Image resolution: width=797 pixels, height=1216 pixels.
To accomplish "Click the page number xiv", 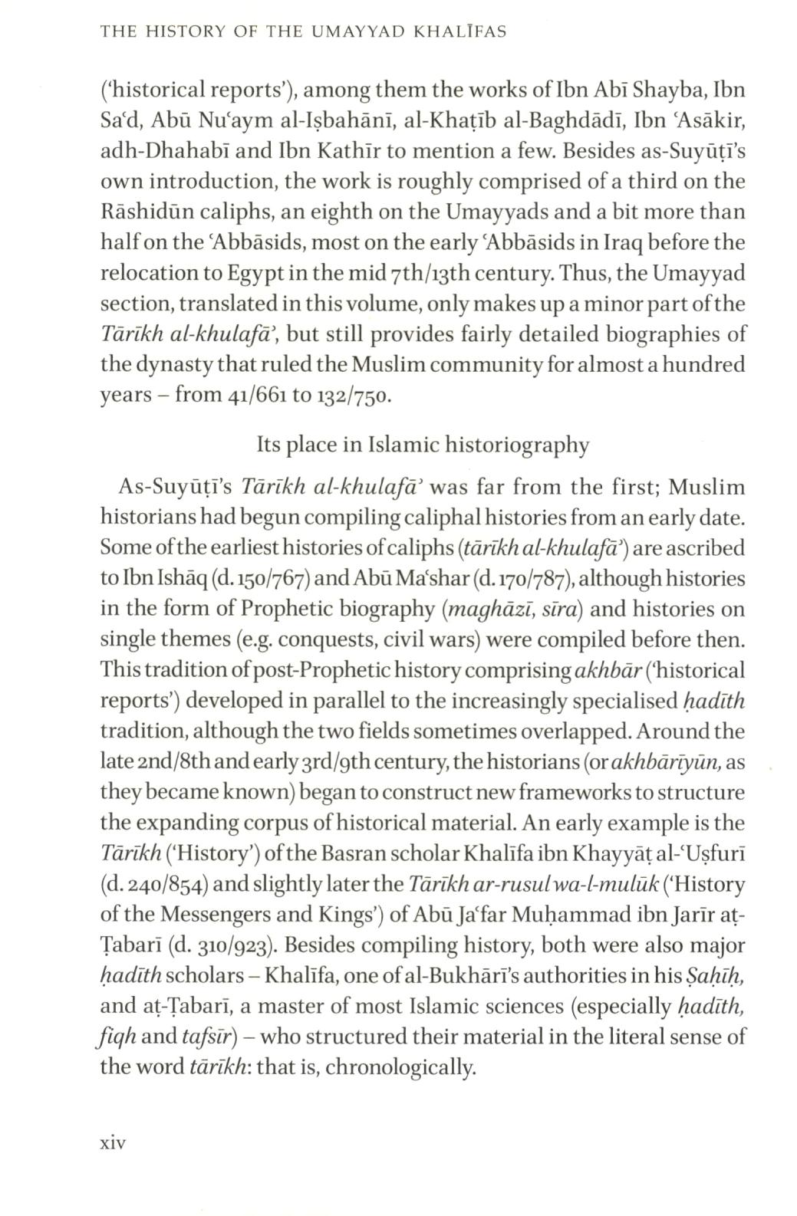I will [113, 1143].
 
